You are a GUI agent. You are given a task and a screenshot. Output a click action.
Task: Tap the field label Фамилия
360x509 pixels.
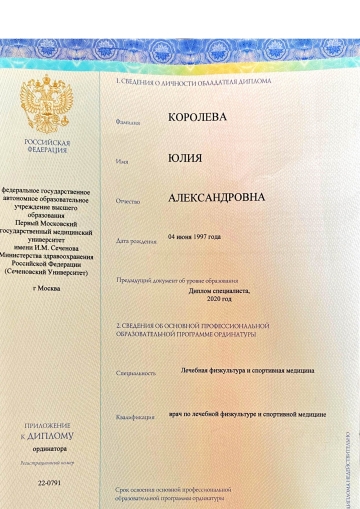tap(127, 122)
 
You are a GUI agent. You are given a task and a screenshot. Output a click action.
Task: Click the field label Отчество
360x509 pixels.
tap(128, 202)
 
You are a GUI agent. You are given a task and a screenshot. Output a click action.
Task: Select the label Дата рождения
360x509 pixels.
tap(137, 241)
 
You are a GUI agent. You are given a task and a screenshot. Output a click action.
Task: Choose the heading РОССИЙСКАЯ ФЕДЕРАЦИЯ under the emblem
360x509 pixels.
tap(47, 147)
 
